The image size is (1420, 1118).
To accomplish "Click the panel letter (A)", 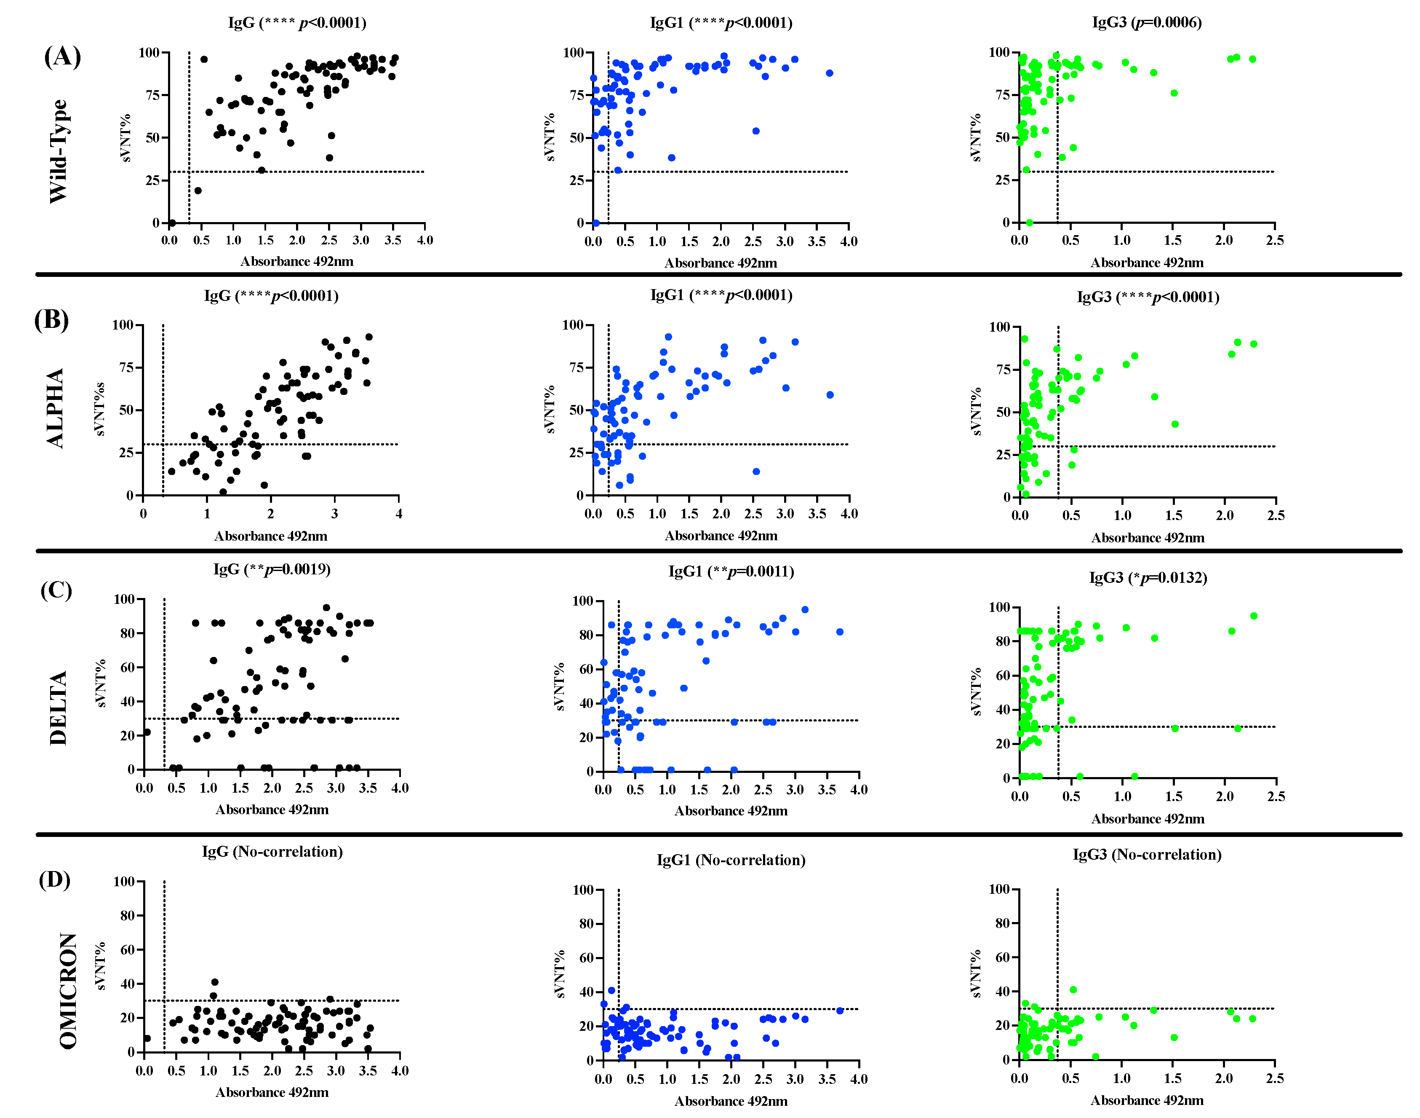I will pyautogui.click(x=62, y=56).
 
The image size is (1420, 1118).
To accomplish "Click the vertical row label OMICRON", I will pyautogui.click(x=68, y=990).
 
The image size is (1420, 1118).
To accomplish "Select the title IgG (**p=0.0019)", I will pyautogui.click(x=272, y=569).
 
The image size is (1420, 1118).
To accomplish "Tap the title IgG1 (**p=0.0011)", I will pyautogui.click(x=731, y=571).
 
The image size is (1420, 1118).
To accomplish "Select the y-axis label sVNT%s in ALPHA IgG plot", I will pyautogui.click(x=99, y=409).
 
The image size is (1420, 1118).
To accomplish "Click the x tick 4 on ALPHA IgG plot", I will pyautogui.click(x=398, y=514).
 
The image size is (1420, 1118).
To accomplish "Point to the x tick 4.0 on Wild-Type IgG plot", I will pyautogui.click(x=424, y=240).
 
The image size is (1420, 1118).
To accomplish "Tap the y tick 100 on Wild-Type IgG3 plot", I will pyautogui.click(x=999, y=52).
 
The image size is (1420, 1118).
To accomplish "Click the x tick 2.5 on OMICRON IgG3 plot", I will pyautogui.click(x=1274, y=1078).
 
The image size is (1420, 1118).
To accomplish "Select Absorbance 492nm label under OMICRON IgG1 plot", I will pyautogui.click(x=731, y=1101).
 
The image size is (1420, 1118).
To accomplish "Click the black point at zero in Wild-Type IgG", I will pyautogui.click(x=171, y=223).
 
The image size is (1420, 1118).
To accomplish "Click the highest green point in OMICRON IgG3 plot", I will pyautogui.click(x=1073, y=990).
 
